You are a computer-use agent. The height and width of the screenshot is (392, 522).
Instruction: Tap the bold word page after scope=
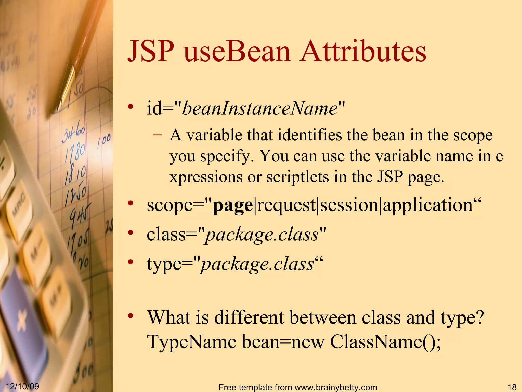click(x=232, y=206)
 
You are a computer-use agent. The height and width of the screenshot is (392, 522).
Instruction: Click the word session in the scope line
click(x=349, y=205)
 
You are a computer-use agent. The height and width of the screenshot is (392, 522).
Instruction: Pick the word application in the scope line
click(x=428, y=206)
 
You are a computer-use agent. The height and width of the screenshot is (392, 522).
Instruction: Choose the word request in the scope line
click(x=286, y=206)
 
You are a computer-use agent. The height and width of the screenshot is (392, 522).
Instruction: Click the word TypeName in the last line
click(x=192, y=342)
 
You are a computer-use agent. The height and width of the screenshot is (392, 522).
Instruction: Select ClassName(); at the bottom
click(x=385, y=342)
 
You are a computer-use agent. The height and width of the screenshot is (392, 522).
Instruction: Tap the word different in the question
click(x=249, y=318)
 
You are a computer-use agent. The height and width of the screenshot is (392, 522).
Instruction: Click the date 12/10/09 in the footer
click(x=22, y=386)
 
